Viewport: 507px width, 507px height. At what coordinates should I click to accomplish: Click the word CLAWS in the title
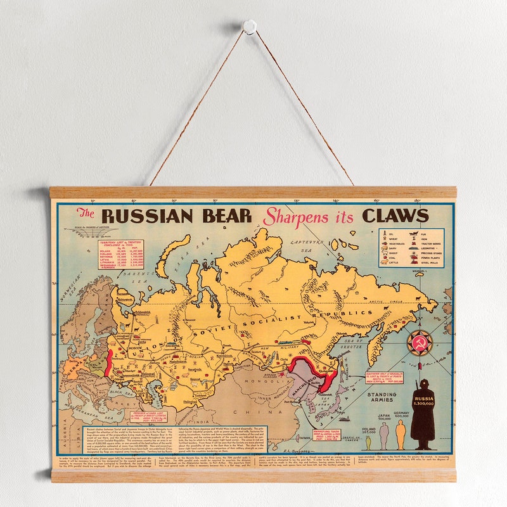point(395,215)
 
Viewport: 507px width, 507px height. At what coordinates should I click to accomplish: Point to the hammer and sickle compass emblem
point(419,343)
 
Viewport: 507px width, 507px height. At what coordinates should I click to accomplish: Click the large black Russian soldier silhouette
point(422,411)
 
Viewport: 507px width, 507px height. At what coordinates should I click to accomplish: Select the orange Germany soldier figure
point(401,434)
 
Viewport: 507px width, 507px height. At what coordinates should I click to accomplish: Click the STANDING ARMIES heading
point(382,397)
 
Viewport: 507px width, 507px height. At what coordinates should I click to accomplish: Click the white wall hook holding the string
point(249,27)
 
